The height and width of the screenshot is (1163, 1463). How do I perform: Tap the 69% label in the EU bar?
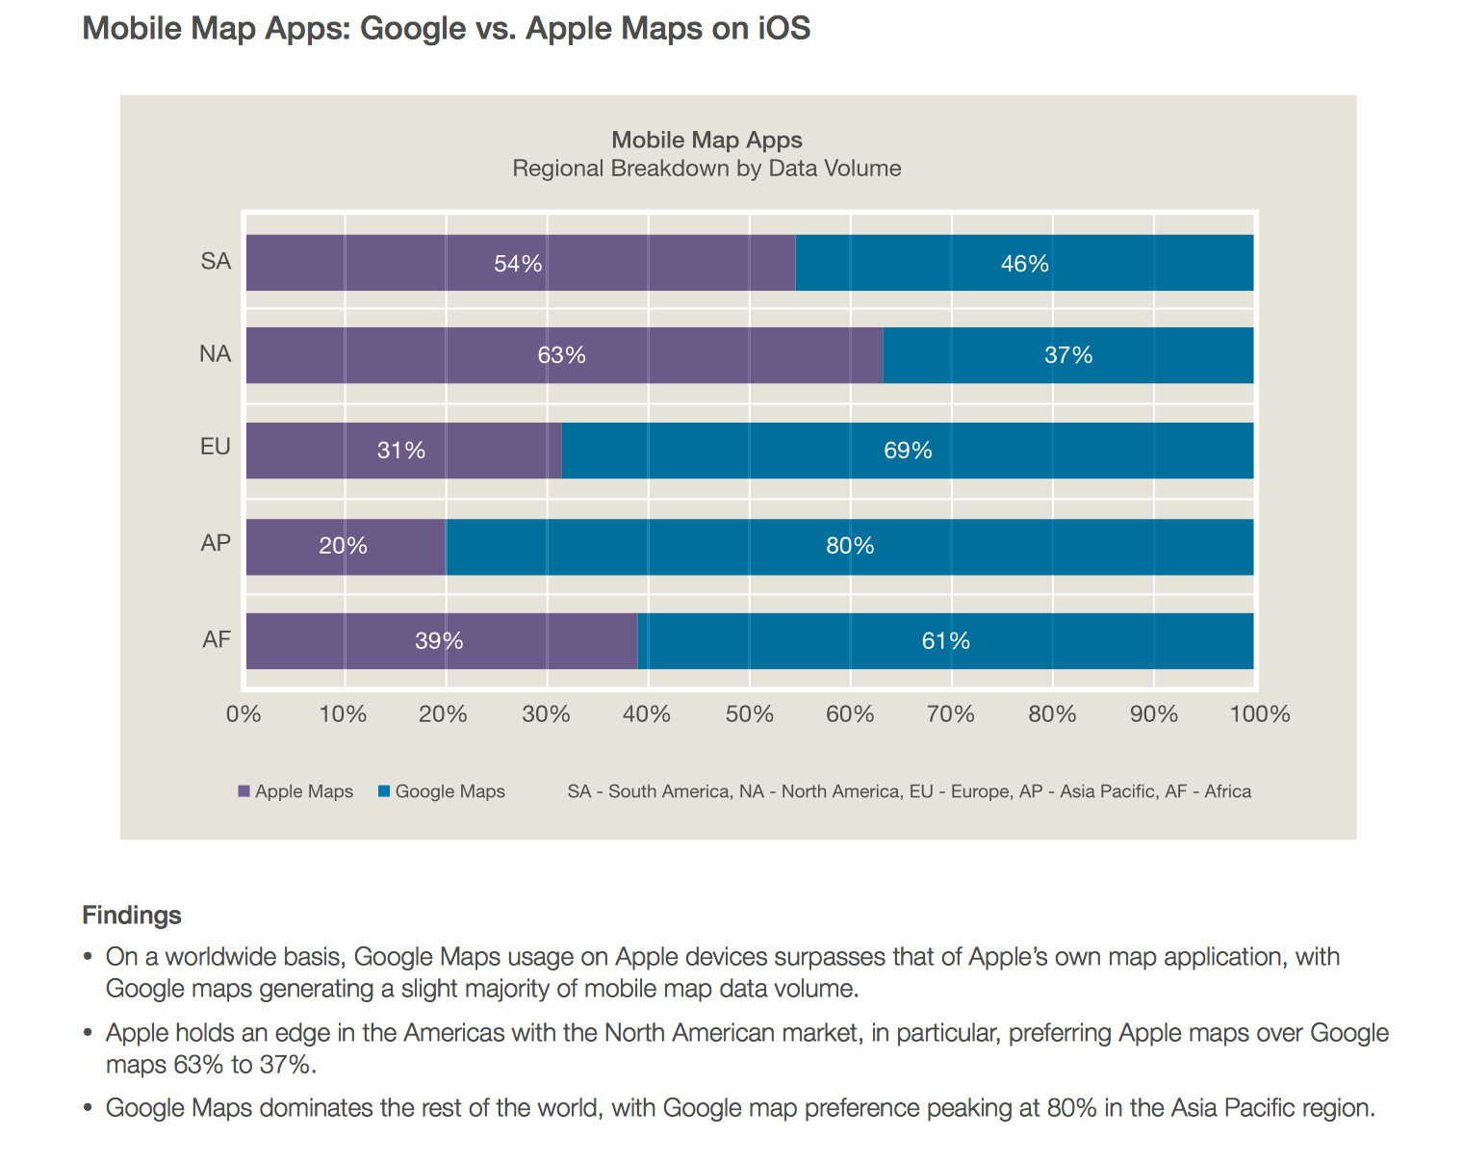click(908, 451)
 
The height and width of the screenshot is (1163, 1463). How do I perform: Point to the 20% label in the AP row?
click(344, 546)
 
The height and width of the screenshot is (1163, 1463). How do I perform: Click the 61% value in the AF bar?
click(945, 641)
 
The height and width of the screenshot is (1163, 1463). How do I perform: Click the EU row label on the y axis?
click(216, 447)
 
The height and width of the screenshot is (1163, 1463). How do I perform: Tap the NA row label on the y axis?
click(216, 354)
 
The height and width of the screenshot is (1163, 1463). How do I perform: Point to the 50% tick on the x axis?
click(750, 714)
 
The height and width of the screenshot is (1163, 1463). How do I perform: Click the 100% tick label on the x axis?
click(1259, 714)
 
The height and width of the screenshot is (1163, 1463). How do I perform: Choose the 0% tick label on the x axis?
click(244, 714)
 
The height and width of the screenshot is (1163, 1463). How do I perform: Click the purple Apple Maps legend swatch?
click(244, 791)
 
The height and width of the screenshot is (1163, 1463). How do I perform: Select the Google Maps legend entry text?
click(449, 791)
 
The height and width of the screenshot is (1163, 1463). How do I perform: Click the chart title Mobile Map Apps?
click(706, 141)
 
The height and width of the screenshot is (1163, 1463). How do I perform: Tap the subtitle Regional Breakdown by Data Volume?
click(706, 168)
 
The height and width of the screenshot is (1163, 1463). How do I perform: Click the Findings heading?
click(132, 915)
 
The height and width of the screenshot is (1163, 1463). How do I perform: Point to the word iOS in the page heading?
click(783, 28)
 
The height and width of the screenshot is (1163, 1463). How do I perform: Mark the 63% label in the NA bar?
click(561, 355)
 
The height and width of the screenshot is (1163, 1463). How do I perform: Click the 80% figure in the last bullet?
click(1071, 1108)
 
